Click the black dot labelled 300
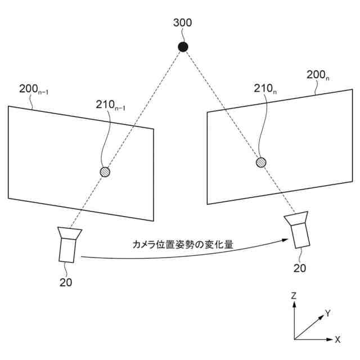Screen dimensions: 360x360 pyautogui.click(x=183, y=47)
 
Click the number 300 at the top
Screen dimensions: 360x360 pyautogui.click(x=183, y=23)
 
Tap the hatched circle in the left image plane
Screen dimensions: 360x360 pyautogui.click(x=105, y=172)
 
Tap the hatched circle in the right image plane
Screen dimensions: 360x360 pyautogui.click(x=261, y=163)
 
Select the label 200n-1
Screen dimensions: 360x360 pyautogui.click(x=33, y=88)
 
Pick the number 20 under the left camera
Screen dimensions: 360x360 pyautogui.click(x=66, y=282)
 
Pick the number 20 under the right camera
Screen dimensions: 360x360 pyautogui.click(x=300, y=268)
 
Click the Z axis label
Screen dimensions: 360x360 pyautogui.click(x=294, y=295)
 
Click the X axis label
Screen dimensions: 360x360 pyautogui.click(x=337, y=340)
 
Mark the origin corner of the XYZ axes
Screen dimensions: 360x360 pyautogui.click(x=294, y=339)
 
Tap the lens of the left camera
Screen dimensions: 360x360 pyautogui.click(x=70, y=232)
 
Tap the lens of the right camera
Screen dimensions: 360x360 pyautogui.click(x=296, y=219)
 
